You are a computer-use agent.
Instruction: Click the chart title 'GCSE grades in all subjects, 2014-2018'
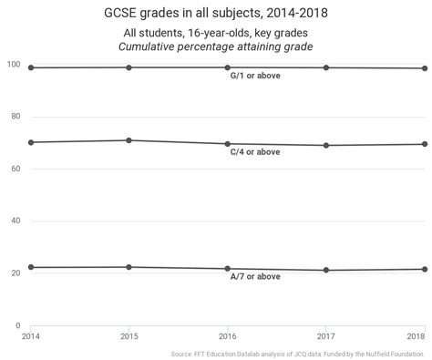[x=216, y=14]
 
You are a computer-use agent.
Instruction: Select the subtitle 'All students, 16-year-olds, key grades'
[x=216, y=33]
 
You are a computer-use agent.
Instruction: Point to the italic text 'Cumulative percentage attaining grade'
[x=216, y=46]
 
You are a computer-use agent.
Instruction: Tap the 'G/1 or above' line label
[x=255, y=76]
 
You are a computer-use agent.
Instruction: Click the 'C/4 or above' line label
[x=255, y=151]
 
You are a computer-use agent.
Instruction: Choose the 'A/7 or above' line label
[x=255, y=276]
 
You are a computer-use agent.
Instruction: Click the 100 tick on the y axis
[x=14, y=65]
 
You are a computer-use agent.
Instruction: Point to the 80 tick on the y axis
[x=15, y=117]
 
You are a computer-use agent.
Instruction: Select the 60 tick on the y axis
[x=15, y=169]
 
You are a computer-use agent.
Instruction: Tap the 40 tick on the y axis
[x=15, y=221]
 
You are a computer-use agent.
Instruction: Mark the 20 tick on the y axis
[x=15, y=273]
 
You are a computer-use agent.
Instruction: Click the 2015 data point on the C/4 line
[x=129, y=140]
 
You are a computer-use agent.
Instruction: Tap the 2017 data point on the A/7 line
[x=326, y=270]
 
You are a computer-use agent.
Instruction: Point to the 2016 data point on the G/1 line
[x=228, y=67]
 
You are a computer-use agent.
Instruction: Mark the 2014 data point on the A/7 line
[x=31, y=267]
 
